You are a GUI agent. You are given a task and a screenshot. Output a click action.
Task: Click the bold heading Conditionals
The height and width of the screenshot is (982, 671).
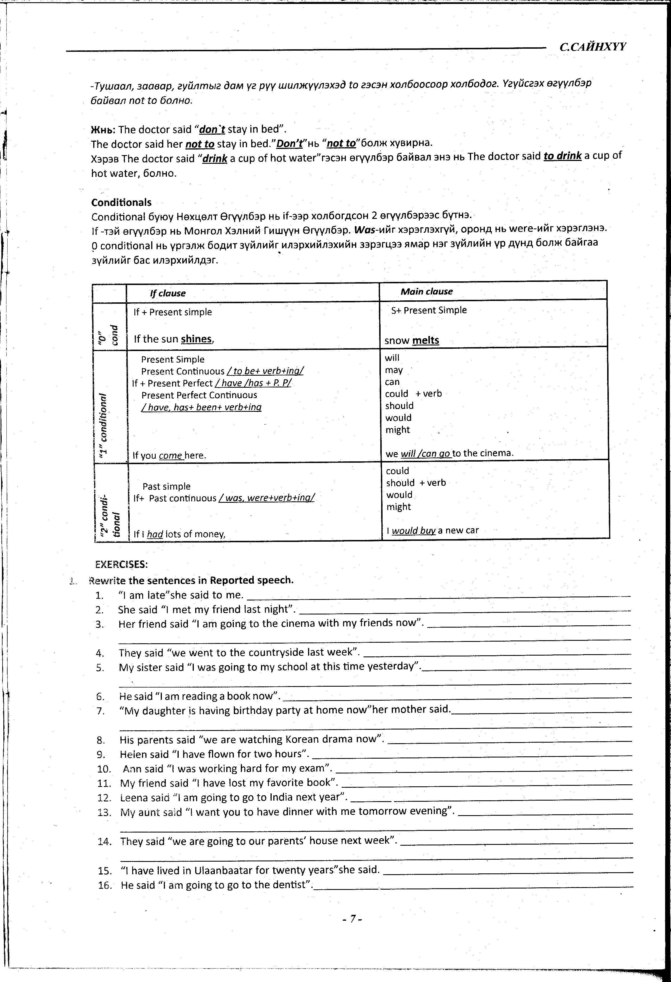tap(121, 202)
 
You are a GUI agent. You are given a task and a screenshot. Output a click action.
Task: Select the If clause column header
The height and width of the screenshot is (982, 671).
tap(168, 293)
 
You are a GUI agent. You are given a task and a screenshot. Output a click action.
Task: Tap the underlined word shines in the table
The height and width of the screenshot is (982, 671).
tap(196, 339)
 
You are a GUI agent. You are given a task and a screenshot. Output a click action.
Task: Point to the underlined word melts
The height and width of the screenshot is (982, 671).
tap(425, 341)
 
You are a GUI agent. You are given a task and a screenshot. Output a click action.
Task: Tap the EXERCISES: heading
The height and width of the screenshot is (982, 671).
tap(121, 565)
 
